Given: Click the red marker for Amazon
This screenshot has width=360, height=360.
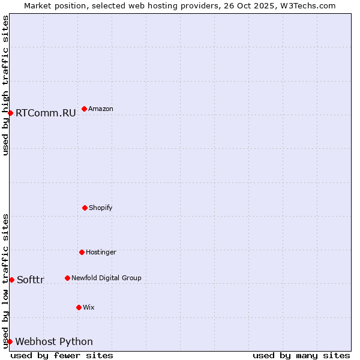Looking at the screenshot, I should (x=84, y=109).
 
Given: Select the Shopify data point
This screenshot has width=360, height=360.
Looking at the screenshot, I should (x=85, y=208).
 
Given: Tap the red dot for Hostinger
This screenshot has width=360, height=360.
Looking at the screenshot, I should (x=82, y=252).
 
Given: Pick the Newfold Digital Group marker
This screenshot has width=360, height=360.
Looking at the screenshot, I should (x=67, y=278).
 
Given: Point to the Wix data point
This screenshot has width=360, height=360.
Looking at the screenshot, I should (x=79, y=307).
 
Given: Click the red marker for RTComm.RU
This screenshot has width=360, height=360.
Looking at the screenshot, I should (x=10, y=113).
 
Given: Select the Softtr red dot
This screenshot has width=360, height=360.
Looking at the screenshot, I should (x=11, y=280).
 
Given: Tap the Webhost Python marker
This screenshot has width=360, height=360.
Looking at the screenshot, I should (x=10, y=341).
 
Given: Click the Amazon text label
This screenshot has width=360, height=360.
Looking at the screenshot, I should (x=101, y=109).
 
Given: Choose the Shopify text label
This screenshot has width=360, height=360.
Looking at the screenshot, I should (x=101, y=208).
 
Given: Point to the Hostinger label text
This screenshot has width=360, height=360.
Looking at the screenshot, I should (x=101, y=252).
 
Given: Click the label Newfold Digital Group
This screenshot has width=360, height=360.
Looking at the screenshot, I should (x=106, y=278).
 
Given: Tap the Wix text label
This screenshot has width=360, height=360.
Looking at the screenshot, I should (x=89, y=307).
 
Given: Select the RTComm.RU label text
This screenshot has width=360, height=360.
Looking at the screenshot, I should (x=46, y=113).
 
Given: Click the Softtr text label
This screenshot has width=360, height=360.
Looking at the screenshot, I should (x=31, y=280).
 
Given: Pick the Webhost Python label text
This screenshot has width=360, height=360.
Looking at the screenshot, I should (x=54, y=341).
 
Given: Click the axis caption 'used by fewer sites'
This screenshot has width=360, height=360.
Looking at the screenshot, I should (x=62, y=355).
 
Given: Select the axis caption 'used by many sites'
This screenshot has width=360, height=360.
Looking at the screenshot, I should (x=301, y=355).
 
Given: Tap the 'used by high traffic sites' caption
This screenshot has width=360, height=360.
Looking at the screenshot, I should (x=5, y=85).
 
